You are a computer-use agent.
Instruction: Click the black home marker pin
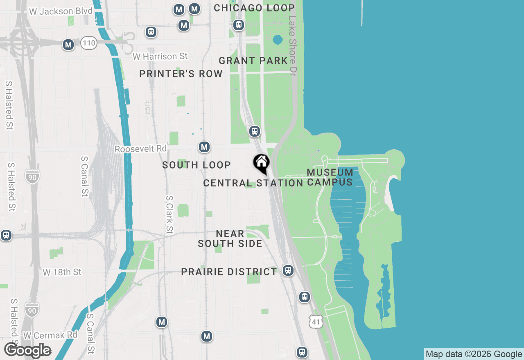261,163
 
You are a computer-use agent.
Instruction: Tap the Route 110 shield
88,43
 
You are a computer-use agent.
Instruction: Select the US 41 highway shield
316,322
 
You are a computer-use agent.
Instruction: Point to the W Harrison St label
160,56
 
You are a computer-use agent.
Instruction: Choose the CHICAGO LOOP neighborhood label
254,8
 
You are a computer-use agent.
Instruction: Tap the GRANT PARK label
253,61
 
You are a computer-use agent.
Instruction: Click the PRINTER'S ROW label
181,74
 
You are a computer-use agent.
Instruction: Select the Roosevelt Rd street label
140,149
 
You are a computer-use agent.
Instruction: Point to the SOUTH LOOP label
196,165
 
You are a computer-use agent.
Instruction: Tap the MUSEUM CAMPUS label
330,177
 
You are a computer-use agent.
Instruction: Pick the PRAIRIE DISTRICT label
229,272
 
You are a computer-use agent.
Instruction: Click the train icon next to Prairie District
288,270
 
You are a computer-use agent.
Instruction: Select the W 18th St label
62,272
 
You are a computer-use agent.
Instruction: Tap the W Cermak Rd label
50,335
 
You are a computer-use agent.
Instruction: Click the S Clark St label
169,215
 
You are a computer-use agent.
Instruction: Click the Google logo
28,351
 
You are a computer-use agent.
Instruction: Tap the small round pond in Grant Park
278,40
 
